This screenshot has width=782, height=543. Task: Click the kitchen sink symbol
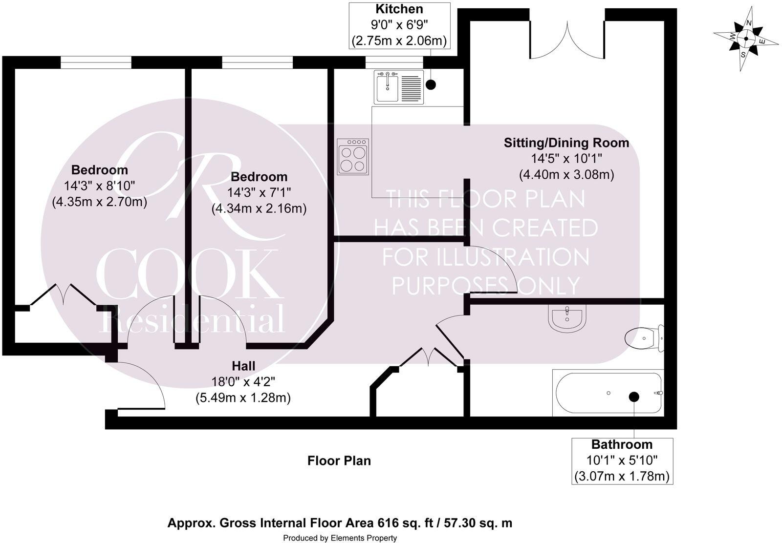[398, 87]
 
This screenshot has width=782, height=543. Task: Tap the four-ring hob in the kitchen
[353, 156]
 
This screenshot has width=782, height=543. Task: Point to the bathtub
[607, 393]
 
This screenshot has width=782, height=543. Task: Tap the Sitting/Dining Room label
[566, 143]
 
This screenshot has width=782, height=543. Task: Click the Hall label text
[243, 366]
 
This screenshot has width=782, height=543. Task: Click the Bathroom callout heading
[622, 444]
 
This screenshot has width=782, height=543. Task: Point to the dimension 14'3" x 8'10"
[99, 186]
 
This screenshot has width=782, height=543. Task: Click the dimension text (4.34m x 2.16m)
[259, 209]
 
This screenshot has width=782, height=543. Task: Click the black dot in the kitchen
[431, 84]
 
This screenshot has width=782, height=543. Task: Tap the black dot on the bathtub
[634, 397]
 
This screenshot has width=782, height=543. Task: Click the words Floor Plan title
[339, 460]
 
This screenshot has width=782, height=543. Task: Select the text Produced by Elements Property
[340, 538]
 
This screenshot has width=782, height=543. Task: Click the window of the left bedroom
[96, 63]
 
